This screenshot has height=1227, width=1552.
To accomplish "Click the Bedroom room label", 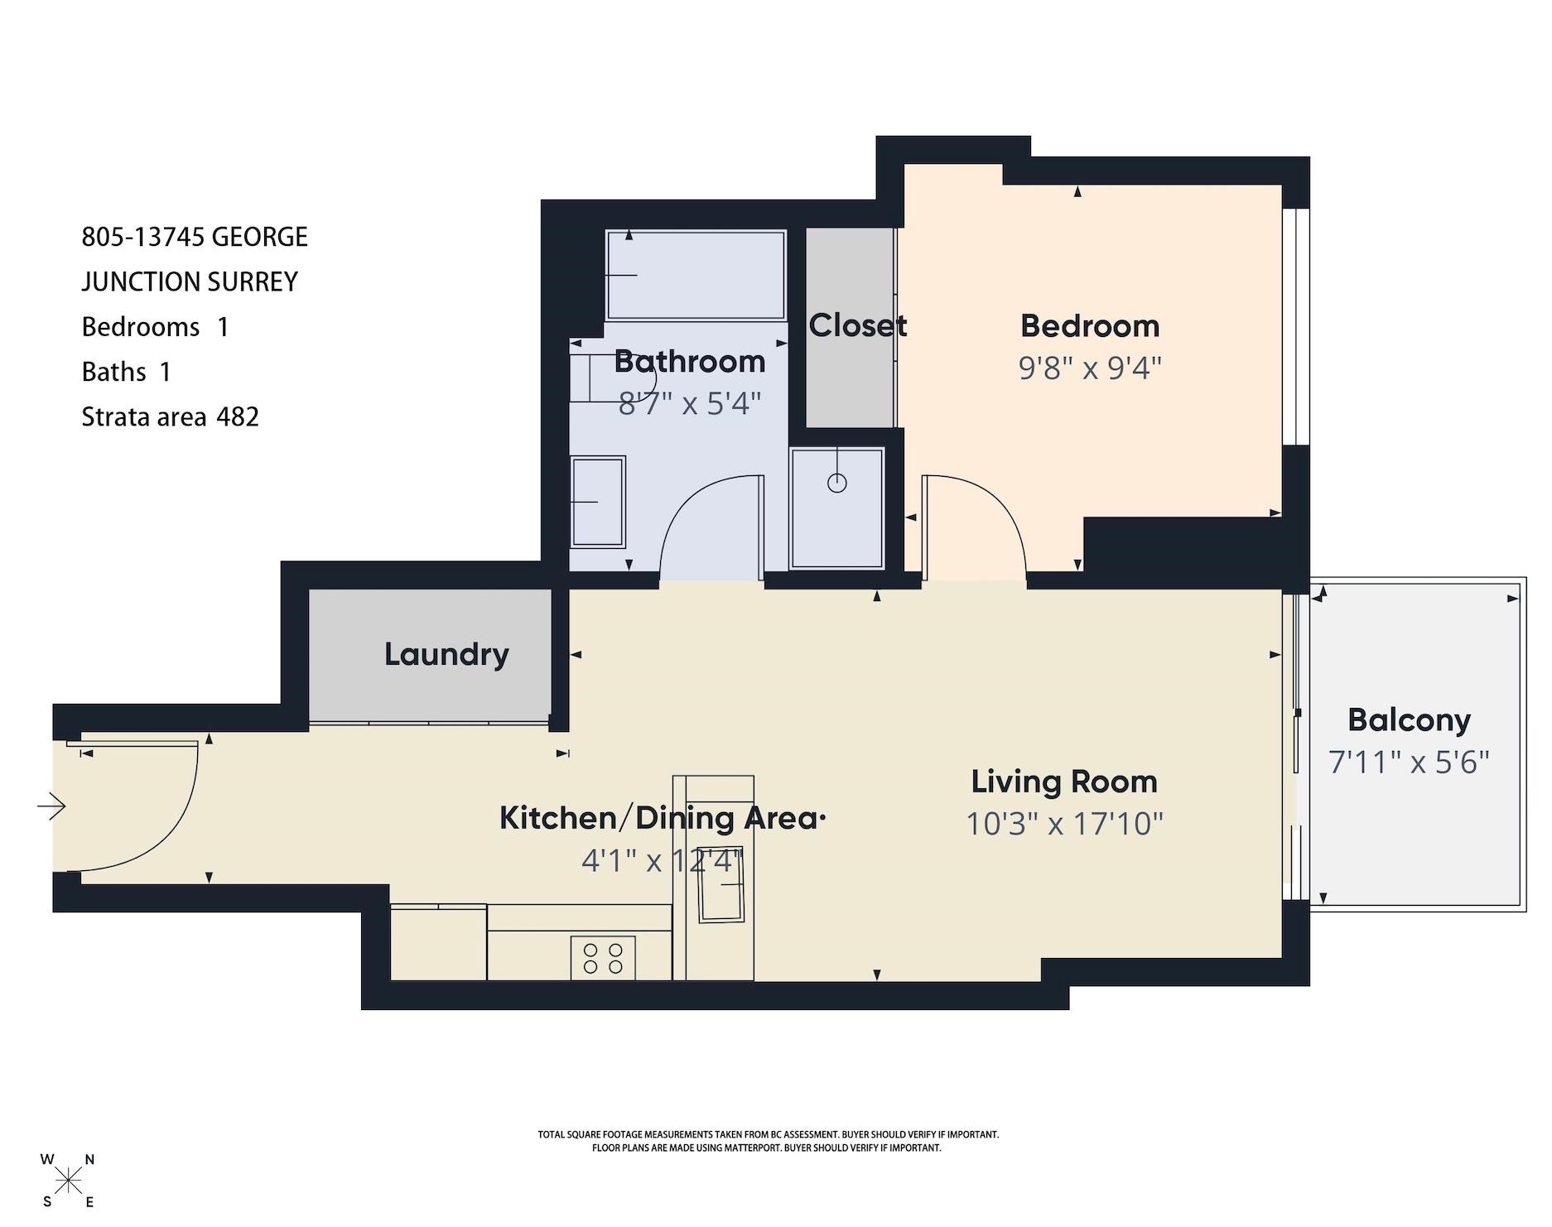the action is click(1090, 326).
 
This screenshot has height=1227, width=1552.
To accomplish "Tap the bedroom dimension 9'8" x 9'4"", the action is click(1090, 368).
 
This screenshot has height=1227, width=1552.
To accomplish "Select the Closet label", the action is click(857, 325).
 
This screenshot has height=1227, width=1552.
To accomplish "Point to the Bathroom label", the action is click(690, 362).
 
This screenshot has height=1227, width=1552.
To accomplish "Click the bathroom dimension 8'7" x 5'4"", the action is click(690, 404).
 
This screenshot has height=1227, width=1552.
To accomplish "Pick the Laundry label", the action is click(446, 655).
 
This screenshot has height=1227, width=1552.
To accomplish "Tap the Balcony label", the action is click(1410, 720).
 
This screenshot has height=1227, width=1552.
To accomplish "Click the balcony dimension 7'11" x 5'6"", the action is click(1410, 762).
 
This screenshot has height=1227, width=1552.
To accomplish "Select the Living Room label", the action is click(1064, 782).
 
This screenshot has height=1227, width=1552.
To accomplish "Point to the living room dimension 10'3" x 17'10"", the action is click(1065, 824).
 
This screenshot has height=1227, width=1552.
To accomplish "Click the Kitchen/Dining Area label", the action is click(663, 818).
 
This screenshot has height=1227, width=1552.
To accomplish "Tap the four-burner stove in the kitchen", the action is click(603, 958).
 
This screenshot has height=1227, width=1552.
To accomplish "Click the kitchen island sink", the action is click(722, 885).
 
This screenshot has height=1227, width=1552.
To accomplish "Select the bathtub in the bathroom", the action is click(696, 275).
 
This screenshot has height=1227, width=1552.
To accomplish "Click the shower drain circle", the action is click(837, 483).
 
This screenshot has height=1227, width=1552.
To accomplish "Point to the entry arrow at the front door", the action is click(51, 806).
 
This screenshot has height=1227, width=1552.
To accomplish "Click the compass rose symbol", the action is click(68, 1180).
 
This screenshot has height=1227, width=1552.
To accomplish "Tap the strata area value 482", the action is click(238, 416).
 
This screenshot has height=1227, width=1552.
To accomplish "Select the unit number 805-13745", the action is click(142, 237).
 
